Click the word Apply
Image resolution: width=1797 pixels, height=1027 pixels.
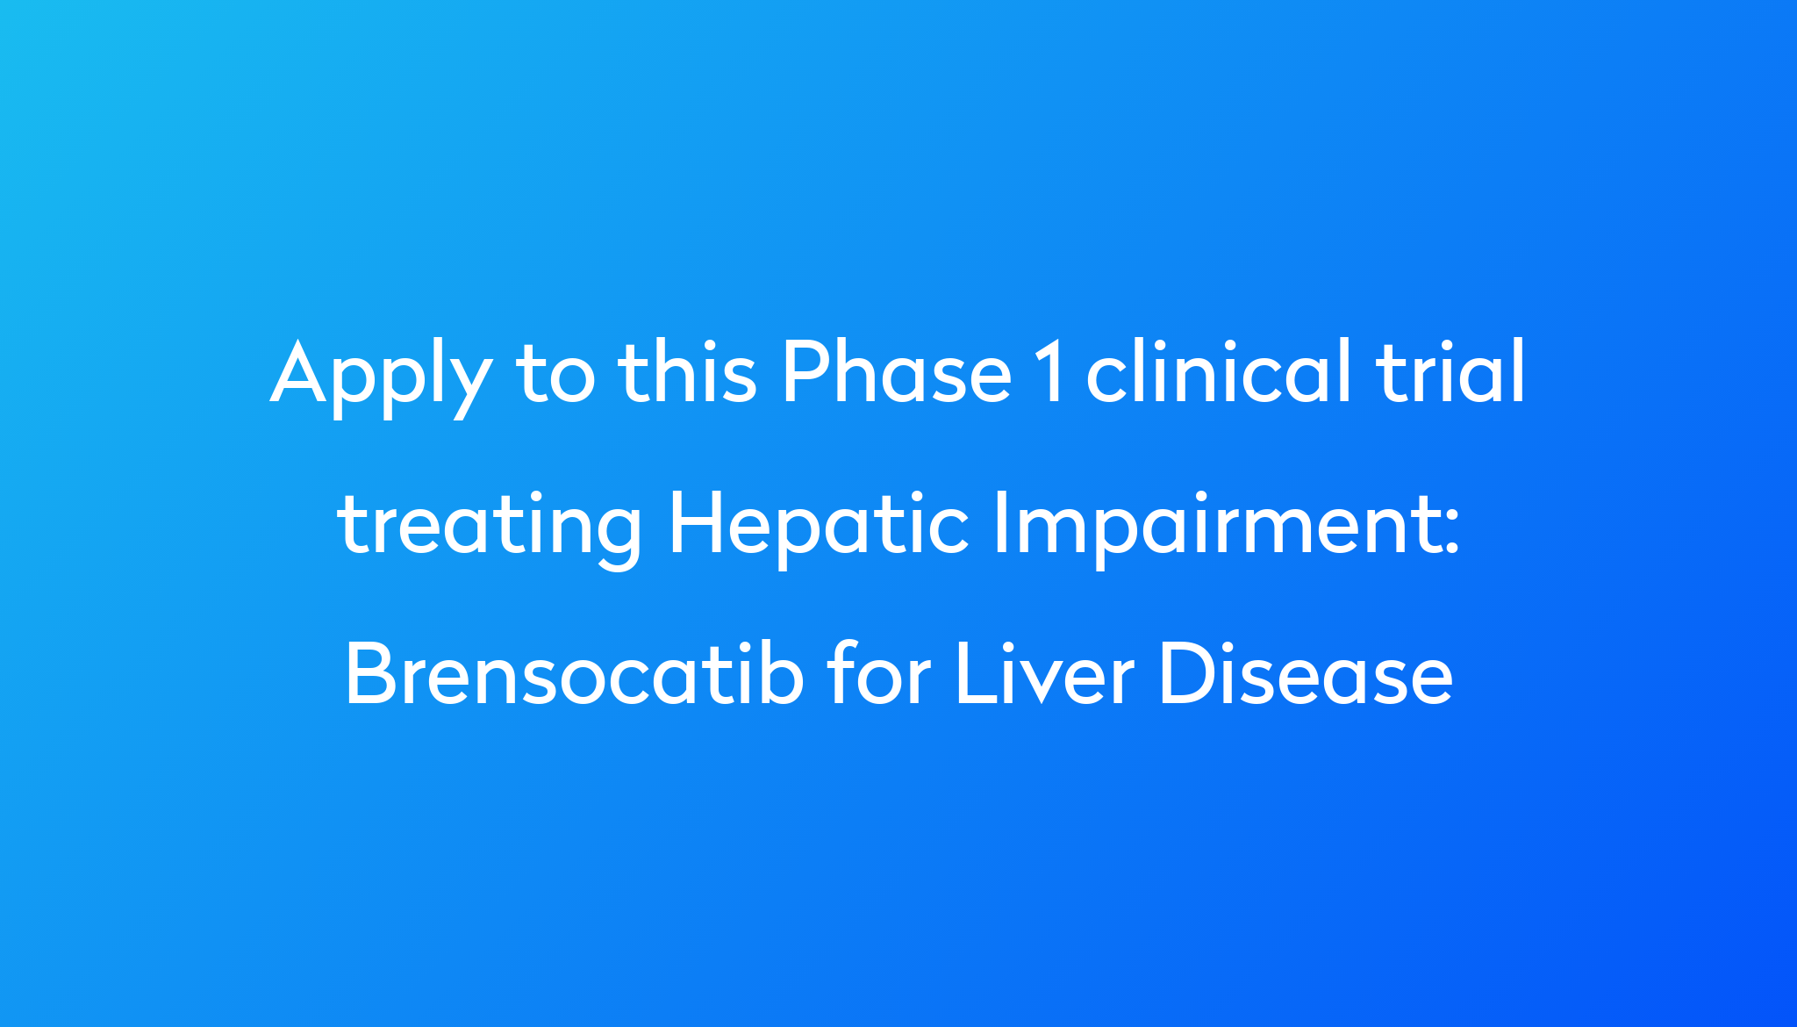[x=381, y=375]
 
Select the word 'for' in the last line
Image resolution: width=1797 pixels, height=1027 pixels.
[x=878, y=674]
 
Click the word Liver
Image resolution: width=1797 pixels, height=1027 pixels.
[x=1045, y=674]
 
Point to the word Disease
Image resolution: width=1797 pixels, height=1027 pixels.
[x=1306, y=674]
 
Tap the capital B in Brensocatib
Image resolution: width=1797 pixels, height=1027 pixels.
[x=369, y=674]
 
